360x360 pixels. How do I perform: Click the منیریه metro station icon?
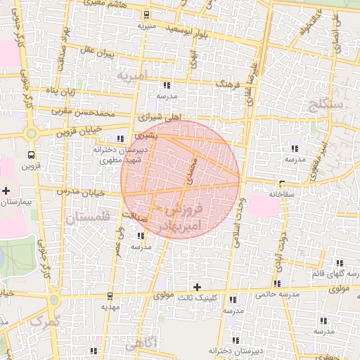(x=147, y=15)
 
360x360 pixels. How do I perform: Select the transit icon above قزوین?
(x=30, y=155)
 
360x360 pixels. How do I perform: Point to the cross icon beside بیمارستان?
(x=6, y=191)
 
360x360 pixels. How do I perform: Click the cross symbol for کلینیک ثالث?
(x=198, y=287)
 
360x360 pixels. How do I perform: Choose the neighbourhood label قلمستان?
(x=91, y=219)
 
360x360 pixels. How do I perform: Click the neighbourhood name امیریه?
(x=131, y=75)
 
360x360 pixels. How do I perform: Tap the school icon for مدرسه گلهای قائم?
(x=340, y=263)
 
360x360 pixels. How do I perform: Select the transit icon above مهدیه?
(x=108, y=296)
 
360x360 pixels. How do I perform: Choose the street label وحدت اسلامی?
(x=240, y=224)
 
